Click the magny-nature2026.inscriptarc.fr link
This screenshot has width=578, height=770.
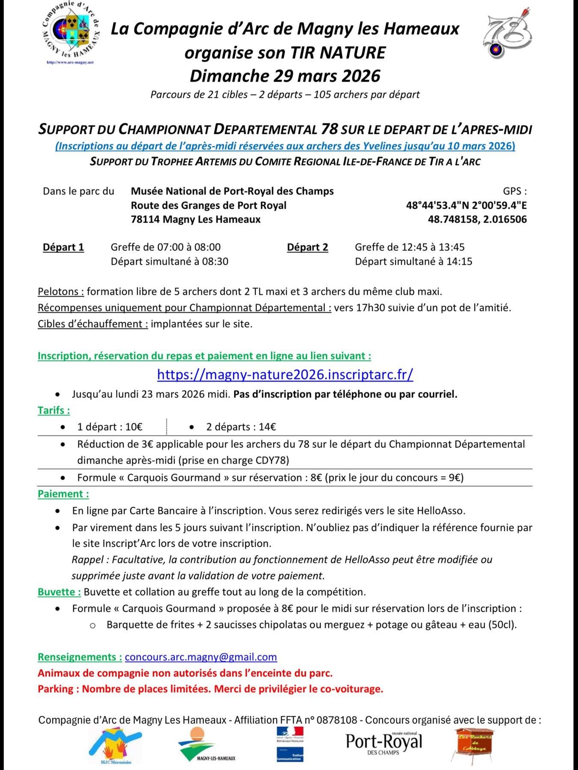(x=285, y=374)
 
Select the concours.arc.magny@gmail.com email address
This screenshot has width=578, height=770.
(x=201, y=657)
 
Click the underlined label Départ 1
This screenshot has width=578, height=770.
(x=63, y=247)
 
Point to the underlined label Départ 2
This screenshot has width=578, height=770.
(x=307, y=247)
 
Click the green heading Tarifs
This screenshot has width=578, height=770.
(x=54, y=410)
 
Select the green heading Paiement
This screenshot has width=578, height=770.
(x=63, y=494)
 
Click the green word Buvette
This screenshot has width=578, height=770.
(x=59, y=592)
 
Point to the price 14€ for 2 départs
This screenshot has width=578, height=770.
(x=267, y=427)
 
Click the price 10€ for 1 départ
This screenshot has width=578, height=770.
(x=134, y=427)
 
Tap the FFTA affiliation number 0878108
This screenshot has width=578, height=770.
(x=337, y=720)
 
